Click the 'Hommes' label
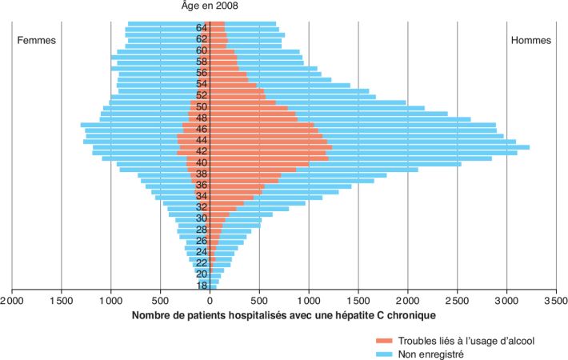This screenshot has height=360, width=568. (x=532, y=40)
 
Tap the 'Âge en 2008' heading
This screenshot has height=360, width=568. (x=210, y=6)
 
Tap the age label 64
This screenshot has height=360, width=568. (x=202, y=27)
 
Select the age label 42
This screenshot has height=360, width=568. (x=202, y=151)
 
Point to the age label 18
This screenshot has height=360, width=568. (x=202, y=286)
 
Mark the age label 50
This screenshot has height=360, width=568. (x=202, y=106)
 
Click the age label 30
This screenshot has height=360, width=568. (x=202, y=218)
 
